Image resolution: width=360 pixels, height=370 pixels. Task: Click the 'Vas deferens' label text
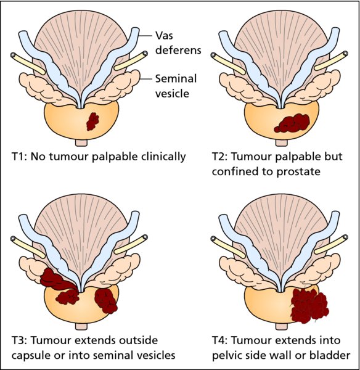pyautogui.click(x=178, y=43)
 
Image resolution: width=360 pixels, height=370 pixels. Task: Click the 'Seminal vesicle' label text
pyautogui.click(x=176, y=86)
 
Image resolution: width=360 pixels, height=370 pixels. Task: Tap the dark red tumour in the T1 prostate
pyautogui.click(x=92, y=121)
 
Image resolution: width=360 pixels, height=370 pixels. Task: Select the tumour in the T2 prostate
pyautogui.click(x=292, y=123)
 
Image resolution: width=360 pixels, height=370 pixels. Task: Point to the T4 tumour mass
pyautogui.click(x=309, y=306)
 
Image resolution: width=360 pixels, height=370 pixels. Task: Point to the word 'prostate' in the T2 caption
pyautogui.click(x=298, y=172)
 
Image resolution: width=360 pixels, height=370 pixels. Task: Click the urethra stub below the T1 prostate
pyautogui.click(x=81, y=142)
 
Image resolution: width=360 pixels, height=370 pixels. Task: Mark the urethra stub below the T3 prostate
pyautogui.click(x=81, y=326)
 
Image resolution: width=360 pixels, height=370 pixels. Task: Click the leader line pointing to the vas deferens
pyautogui.click(x=145, y=36)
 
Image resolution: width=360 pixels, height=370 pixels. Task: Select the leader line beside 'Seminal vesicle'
pyautogui.click(x=145, y=79)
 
